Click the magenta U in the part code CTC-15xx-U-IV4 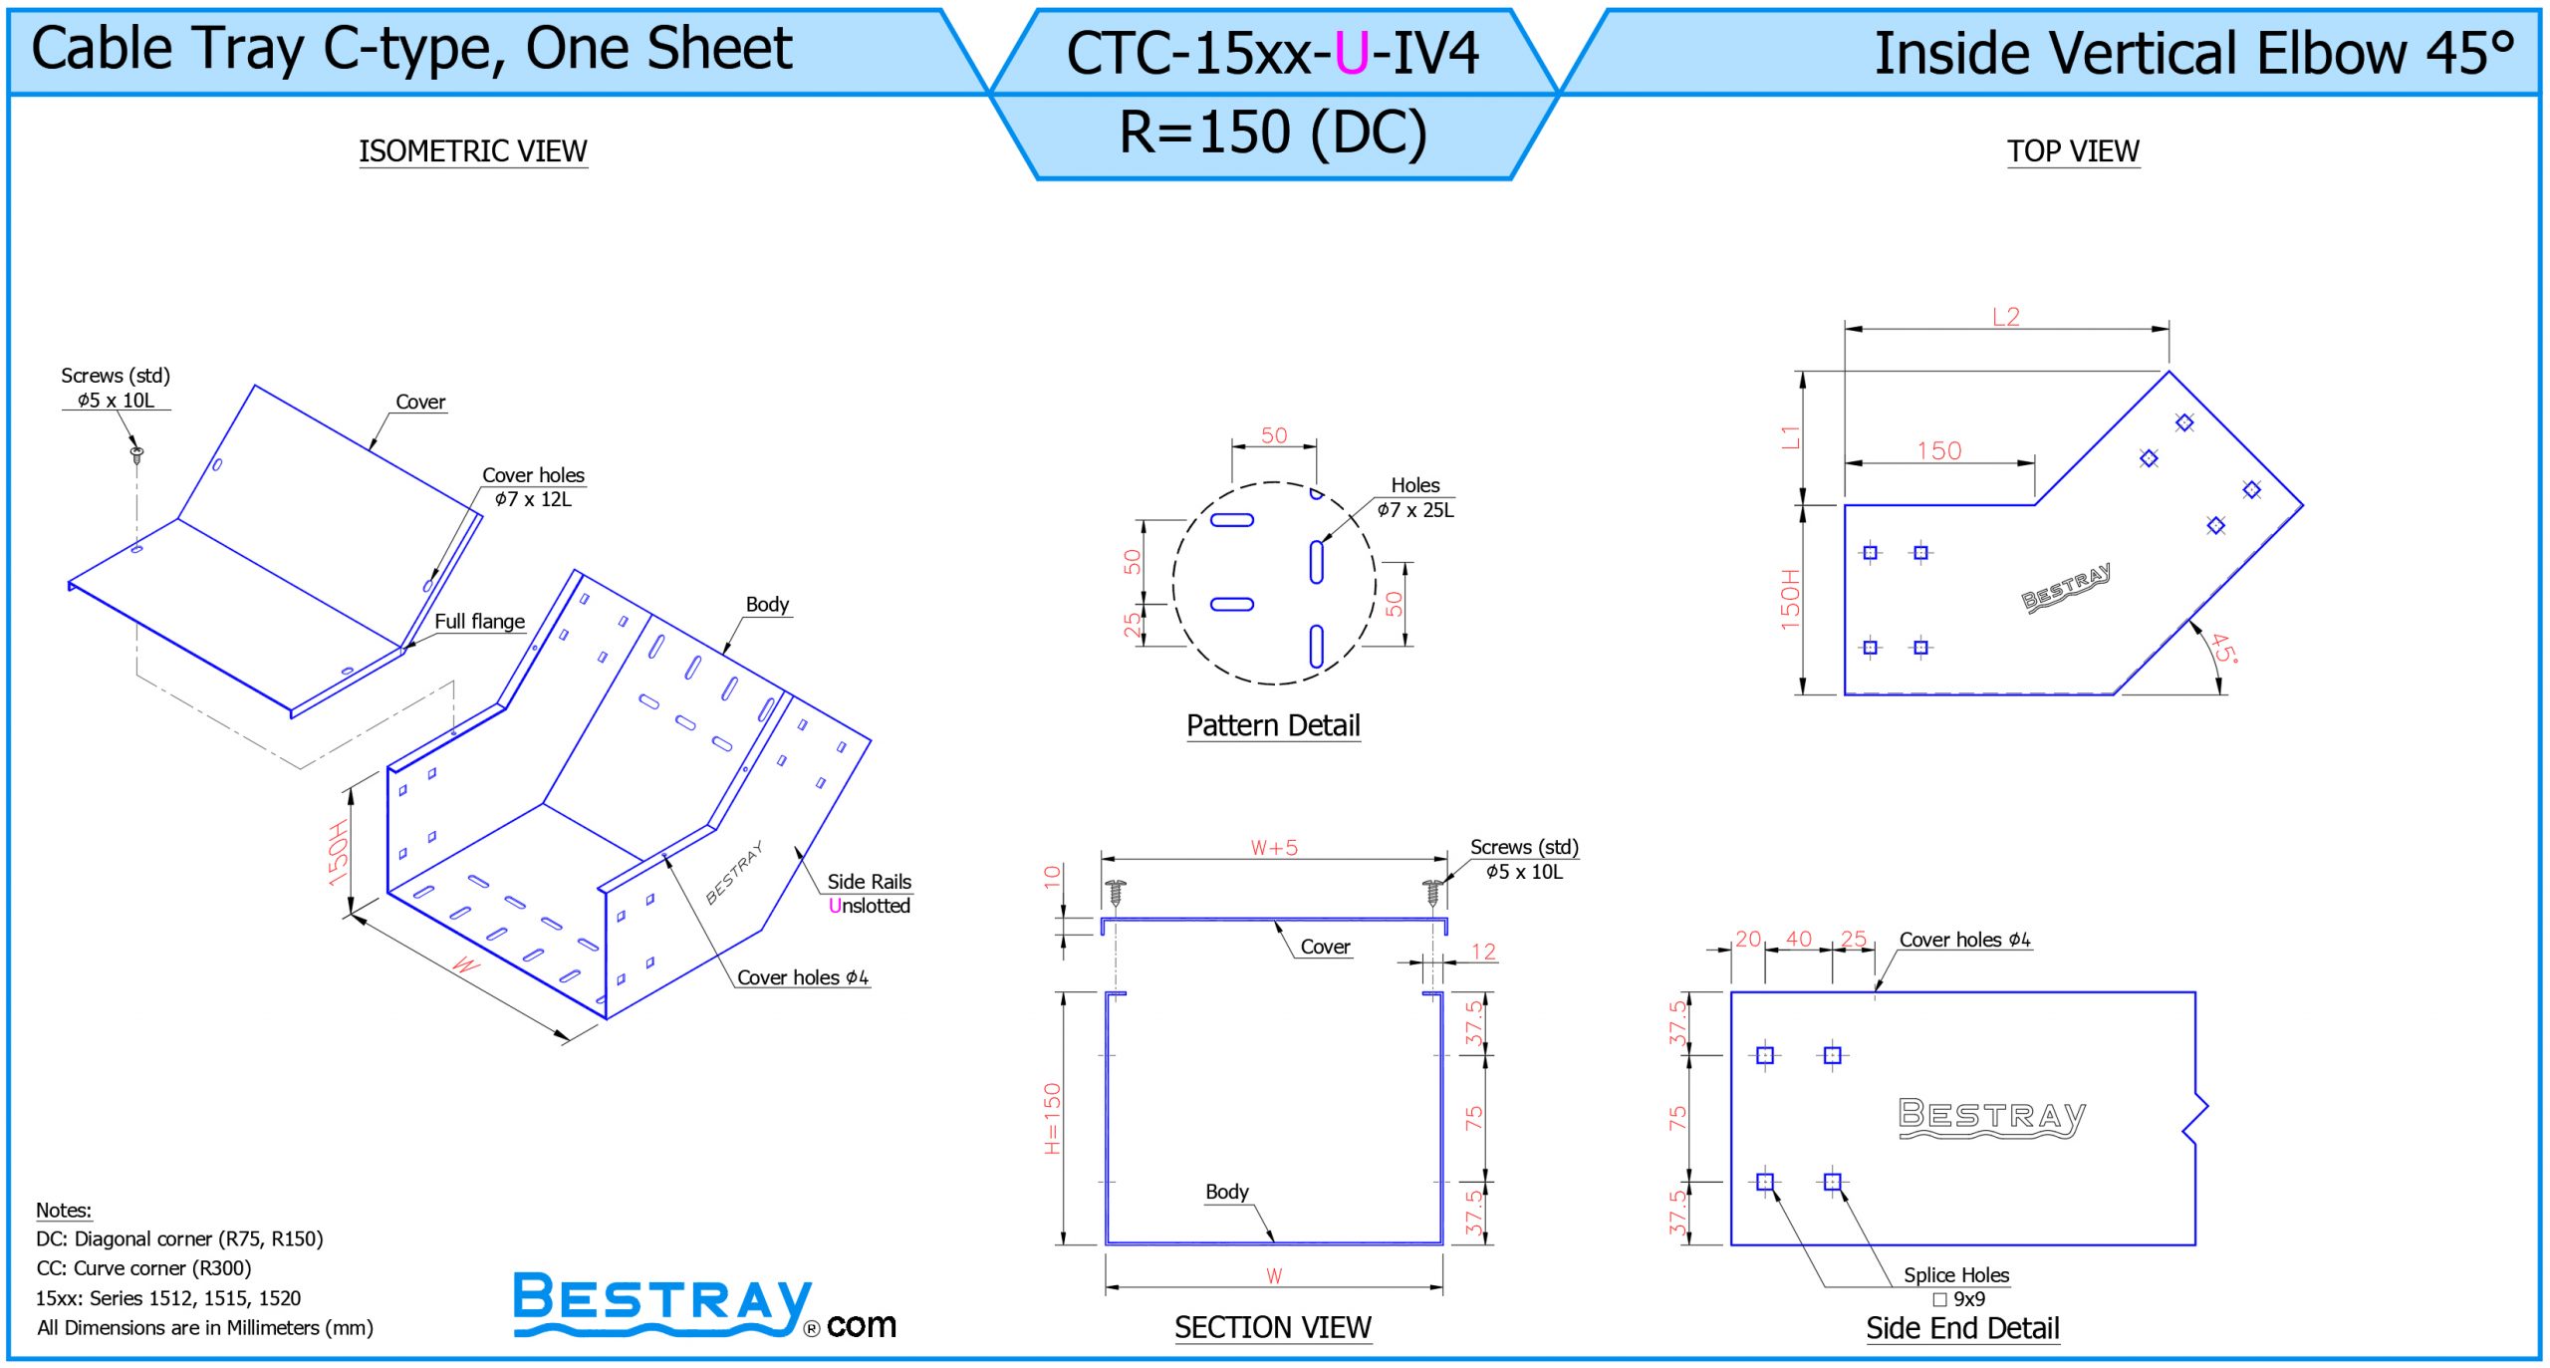1352,54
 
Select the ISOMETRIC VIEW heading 473,151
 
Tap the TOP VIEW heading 2073,151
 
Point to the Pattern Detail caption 1273,725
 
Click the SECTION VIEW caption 1273,1327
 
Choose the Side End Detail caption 1962,1328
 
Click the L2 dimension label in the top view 2006,317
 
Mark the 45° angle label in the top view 2223,649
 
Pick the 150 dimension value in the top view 1939,451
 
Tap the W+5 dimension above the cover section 1274,848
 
